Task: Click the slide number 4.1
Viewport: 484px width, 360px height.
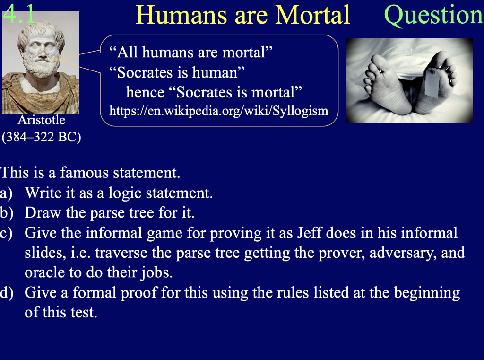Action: pyautogui.click(x=19, y=15)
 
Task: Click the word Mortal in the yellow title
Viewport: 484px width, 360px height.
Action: pyautogui.click(x=313, y=15)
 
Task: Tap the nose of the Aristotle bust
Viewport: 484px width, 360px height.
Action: pyautogui.click(x=39, y=51)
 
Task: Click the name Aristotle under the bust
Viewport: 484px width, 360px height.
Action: pyautogui.click(x=41, y=120)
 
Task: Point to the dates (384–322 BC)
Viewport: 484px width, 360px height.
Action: pyautogui.click(x=41, y=138)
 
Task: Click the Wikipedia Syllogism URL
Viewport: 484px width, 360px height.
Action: pyautogui.click(x=218, y=111)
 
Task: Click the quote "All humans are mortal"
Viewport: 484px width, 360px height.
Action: pyautogui.click(x=191, y=52)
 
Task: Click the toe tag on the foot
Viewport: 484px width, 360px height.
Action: pyautogui.click(x=433, y=84)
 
